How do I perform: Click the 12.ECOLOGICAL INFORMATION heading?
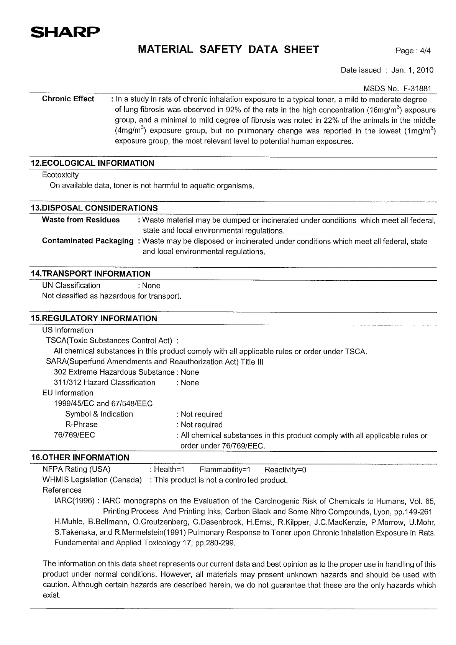tap(92, 163)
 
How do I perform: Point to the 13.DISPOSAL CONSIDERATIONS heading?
tap(94, 208)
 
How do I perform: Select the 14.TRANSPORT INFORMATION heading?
tap(91, 273)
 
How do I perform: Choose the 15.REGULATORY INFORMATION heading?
tap(94, 318)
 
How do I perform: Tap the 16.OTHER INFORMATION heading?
tap(80, 457)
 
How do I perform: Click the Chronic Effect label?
tap(68, 99)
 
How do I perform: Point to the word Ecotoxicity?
tap(60, 175)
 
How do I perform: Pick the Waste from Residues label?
tap(81, 220)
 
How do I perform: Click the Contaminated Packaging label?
tap(88, 241)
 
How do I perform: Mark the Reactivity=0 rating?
tap(285, 470)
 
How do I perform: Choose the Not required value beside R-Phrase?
tap(202, 425)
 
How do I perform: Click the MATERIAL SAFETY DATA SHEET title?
tap(228, 49)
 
